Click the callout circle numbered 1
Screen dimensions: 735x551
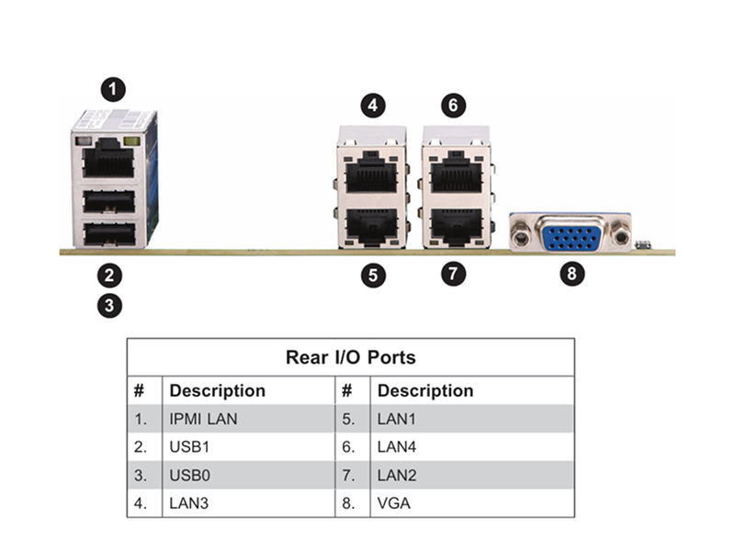pyautogui.click(x=113, y=89)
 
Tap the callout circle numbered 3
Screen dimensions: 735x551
pyautogui.click(x=109, y=306)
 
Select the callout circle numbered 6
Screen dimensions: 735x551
pyautogui.click(x=453, y=106)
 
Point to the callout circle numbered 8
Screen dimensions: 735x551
pyautogui.click(x=572, y=273)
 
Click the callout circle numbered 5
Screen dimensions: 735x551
pyautogui.click(x=373, y=275)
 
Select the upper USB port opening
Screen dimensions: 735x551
pyautogui.click(x=109, y=201)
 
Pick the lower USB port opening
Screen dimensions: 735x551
pyautogui.click(x=109, y=233)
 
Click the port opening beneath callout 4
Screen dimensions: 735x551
pyautogui.click(x=371, y=173)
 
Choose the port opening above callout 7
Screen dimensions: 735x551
pyautogui.click(x=457, y=227)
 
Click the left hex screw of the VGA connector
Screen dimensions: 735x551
pyautogui.click(x=520, y=237)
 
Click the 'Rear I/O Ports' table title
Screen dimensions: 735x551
pyautogui.click(x=351, y=357)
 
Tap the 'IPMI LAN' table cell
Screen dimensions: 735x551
pyautogui.click(x=203, y=419)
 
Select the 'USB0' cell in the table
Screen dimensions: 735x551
pyautogui.click(x=189, y=475)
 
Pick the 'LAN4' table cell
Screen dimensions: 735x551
pyautogui.click(x=397, y=447)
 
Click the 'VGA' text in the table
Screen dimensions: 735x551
pyautogui.click(x=394, y=503)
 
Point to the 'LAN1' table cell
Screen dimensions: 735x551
pyautogui.click(x=397, y=419)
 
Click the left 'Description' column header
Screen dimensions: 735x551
pyautogui.click(x=218, y=391)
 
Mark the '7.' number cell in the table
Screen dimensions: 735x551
pyautogui.click(x=348, y=475)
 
